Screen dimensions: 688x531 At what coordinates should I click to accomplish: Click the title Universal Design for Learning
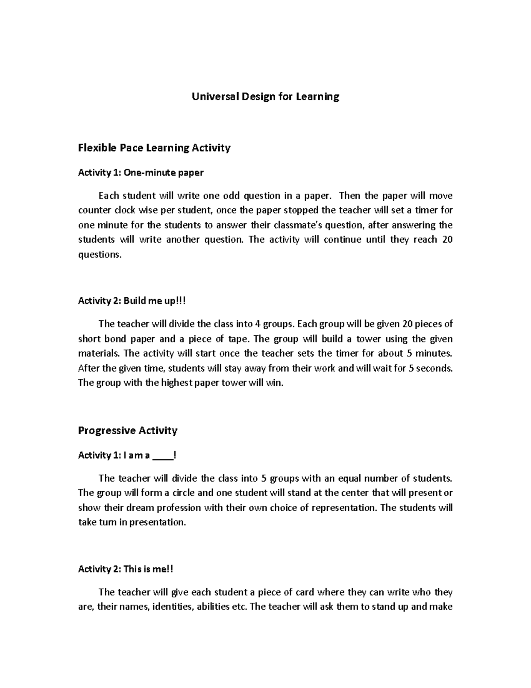click(265, 97)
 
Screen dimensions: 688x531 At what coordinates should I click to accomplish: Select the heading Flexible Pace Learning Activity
click(154, 148)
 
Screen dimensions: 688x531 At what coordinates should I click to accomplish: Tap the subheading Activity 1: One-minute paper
click(140, 173)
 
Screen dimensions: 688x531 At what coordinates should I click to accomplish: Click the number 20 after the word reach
click(447, 240)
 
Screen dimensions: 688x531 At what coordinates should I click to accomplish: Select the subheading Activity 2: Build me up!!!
click(132, 301)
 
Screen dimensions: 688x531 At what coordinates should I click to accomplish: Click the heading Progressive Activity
click(127, 431)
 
